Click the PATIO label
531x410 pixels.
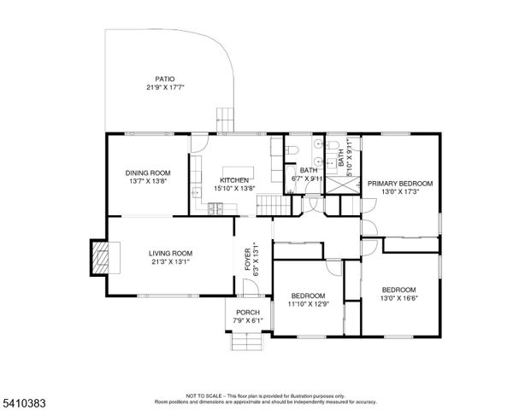click(165, 79)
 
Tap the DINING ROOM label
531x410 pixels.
click(148, 173)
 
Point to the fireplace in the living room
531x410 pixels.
click(101, 257)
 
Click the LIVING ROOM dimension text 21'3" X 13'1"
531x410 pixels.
click(170, 261)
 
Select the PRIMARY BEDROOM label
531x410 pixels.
click(399, 184)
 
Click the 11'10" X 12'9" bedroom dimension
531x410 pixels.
click(308, 300)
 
